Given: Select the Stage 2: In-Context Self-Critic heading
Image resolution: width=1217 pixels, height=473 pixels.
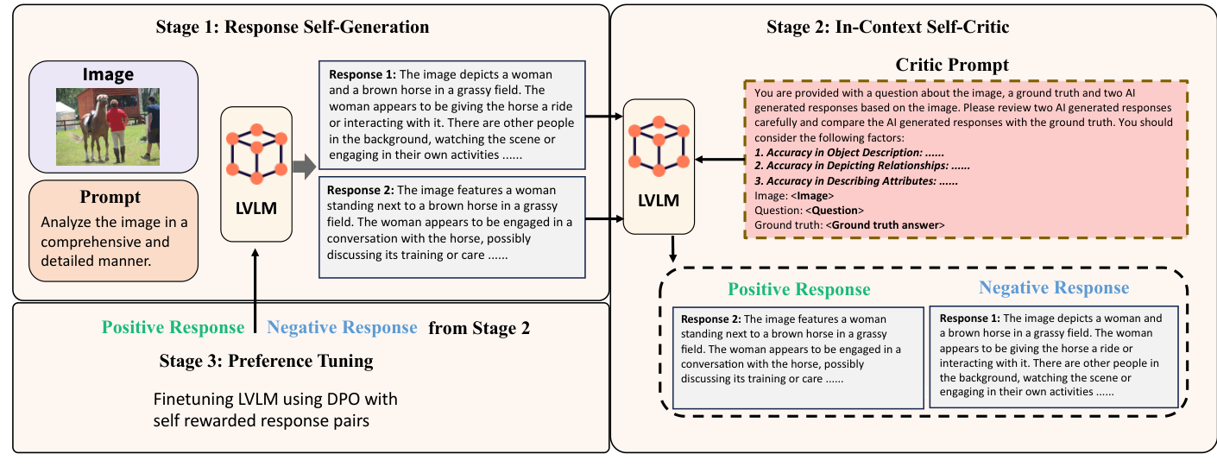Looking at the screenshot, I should click(887, 27).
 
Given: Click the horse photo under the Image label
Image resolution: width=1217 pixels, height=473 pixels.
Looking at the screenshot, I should click(109, 126).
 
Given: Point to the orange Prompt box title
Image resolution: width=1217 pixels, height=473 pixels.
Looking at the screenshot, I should click(110, 198).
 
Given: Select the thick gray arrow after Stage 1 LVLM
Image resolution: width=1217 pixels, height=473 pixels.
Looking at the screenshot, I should click(304, 167).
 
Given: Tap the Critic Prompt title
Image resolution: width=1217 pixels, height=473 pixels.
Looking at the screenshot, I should click(952, 65).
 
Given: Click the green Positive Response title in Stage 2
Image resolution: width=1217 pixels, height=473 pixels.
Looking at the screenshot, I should click(798, 289).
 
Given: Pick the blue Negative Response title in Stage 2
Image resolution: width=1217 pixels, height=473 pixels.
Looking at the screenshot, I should click(1053, 287).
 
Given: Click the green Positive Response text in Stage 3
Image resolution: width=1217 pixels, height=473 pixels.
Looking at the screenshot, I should click(173, 328).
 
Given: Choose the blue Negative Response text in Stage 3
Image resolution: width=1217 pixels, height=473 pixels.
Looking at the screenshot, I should click(342, 328).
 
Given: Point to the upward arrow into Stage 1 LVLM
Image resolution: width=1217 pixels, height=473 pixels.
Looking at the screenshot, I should click(256, 285).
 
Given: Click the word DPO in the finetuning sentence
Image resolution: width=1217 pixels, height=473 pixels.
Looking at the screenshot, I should click(314, 400).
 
